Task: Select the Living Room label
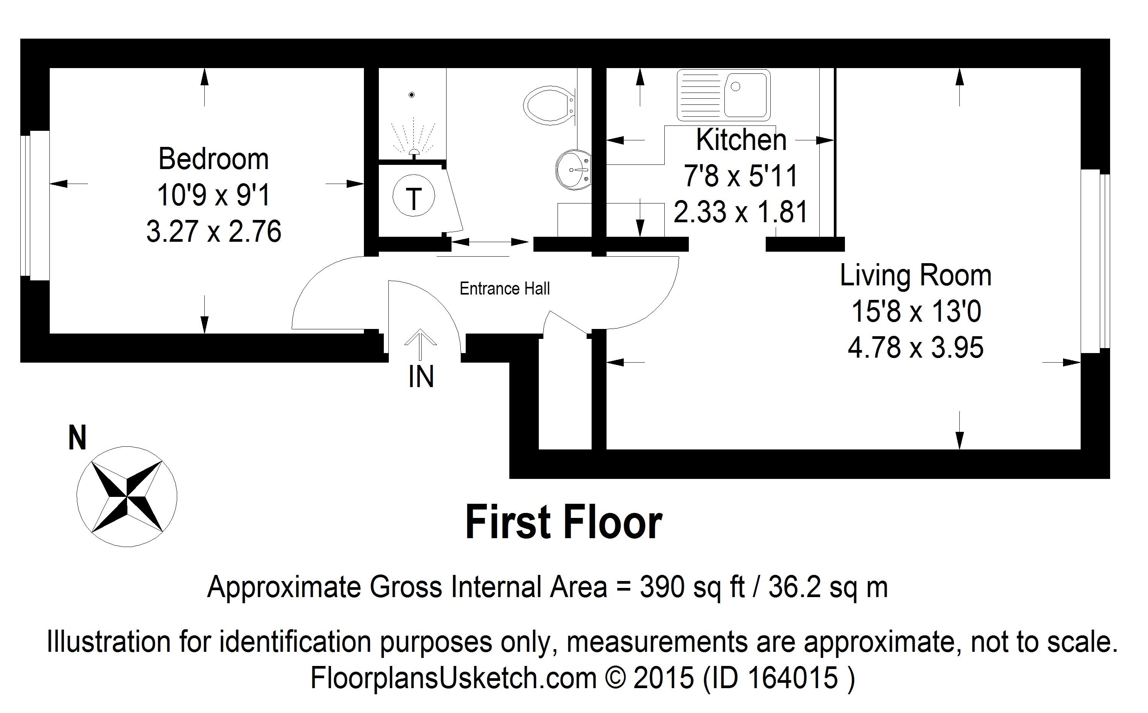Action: coord(915,276)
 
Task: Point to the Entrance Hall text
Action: coord(505,288)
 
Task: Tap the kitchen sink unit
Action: coord(724,95)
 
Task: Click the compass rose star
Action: coord(127,496)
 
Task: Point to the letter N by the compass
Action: coord(78,438)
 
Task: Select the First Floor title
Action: coord(564,523)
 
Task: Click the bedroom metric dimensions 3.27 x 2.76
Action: coord(214,231)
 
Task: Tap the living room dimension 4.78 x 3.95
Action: coord(915,348)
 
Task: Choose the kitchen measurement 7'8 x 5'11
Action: coord(741,176)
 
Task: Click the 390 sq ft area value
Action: coord(692,588)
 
